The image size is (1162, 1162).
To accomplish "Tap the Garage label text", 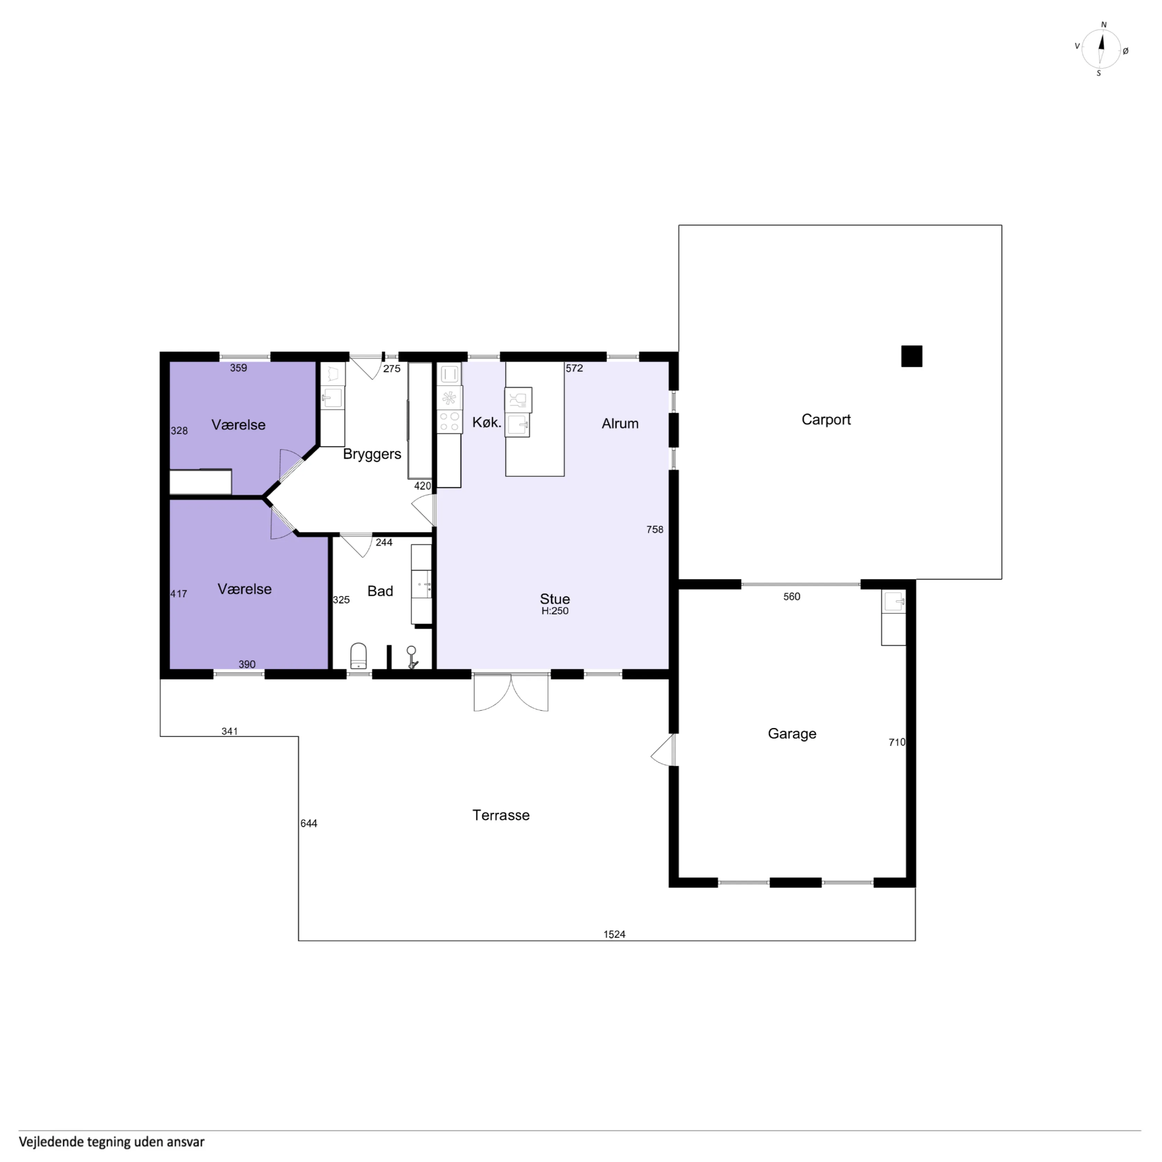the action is [792, 734].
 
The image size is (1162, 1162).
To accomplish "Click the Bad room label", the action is [380, 591].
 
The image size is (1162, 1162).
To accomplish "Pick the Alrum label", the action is [620, 423].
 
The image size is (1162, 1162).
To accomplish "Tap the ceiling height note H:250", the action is [554, 611].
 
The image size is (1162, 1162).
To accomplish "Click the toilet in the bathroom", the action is [359, 656].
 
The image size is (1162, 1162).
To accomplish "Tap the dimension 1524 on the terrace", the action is [614, 934].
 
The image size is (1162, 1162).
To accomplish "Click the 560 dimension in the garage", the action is [792, 597].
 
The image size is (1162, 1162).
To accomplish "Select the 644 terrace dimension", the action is [308, 823].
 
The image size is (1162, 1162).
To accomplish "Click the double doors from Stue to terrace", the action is [511, 692].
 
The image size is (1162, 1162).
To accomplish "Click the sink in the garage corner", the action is [893, 601].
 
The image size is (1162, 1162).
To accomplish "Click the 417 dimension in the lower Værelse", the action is [179, 594].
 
